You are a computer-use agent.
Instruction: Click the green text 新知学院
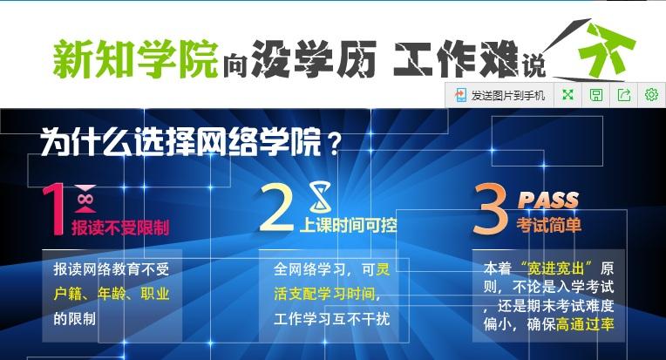point(135,59)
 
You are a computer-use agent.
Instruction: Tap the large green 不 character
point(607,48)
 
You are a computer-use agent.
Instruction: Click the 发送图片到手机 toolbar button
point(499,95)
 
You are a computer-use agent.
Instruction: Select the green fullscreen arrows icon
point(567,95)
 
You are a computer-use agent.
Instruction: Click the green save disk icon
point(596,95)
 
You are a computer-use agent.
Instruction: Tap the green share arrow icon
point(623,95)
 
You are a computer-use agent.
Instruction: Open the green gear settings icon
point(651,95)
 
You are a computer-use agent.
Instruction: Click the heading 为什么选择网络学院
point(180,141)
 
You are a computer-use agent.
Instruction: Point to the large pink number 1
point(54,209)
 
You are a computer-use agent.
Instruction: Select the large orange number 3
point(490,208)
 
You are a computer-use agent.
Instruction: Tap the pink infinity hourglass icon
point(85,199)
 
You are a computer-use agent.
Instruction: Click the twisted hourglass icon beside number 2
point(320,196)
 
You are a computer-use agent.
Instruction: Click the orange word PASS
point(548,200)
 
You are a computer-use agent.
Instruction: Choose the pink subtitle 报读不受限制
point(120,228)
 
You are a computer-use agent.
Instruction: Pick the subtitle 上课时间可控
point(349,226)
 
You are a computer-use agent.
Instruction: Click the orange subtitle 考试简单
point(549,225)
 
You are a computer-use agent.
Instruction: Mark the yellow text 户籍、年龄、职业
point(112,294)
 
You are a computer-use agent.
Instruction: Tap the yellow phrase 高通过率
point(585,325)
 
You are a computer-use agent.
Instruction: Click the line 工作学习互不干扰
point(332,318)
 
